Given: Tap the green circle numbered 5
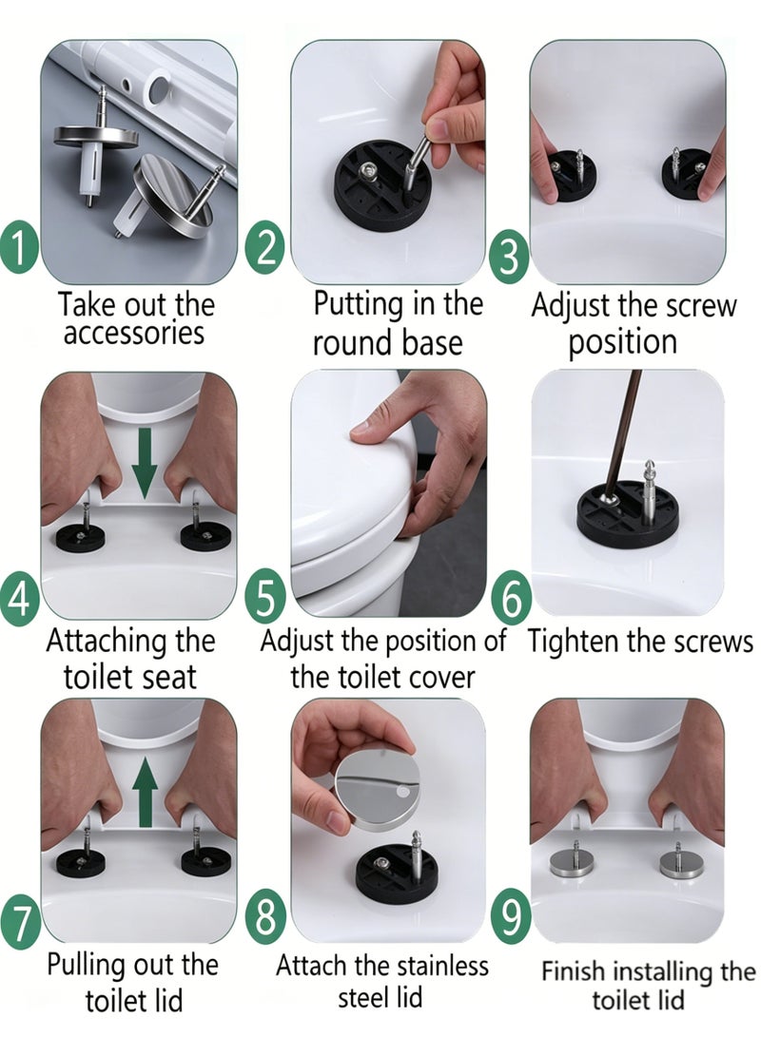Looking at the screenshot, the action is [264, 596].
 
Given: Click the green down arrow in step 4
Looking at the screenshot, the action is [144, 463].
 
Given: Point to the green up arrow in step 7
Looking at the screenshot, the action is [145, 793].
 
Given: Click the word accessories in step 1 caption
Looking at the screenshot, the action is [133, 334].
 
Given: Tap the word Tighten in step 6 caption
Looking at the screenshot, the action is [570, 643].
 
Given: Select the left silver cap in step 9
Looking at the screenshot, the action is [575, 862].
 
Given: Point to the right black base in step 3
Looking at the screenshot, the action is [688, 174].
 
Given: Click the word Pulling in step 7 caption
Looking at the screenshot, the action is [88, 967].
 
